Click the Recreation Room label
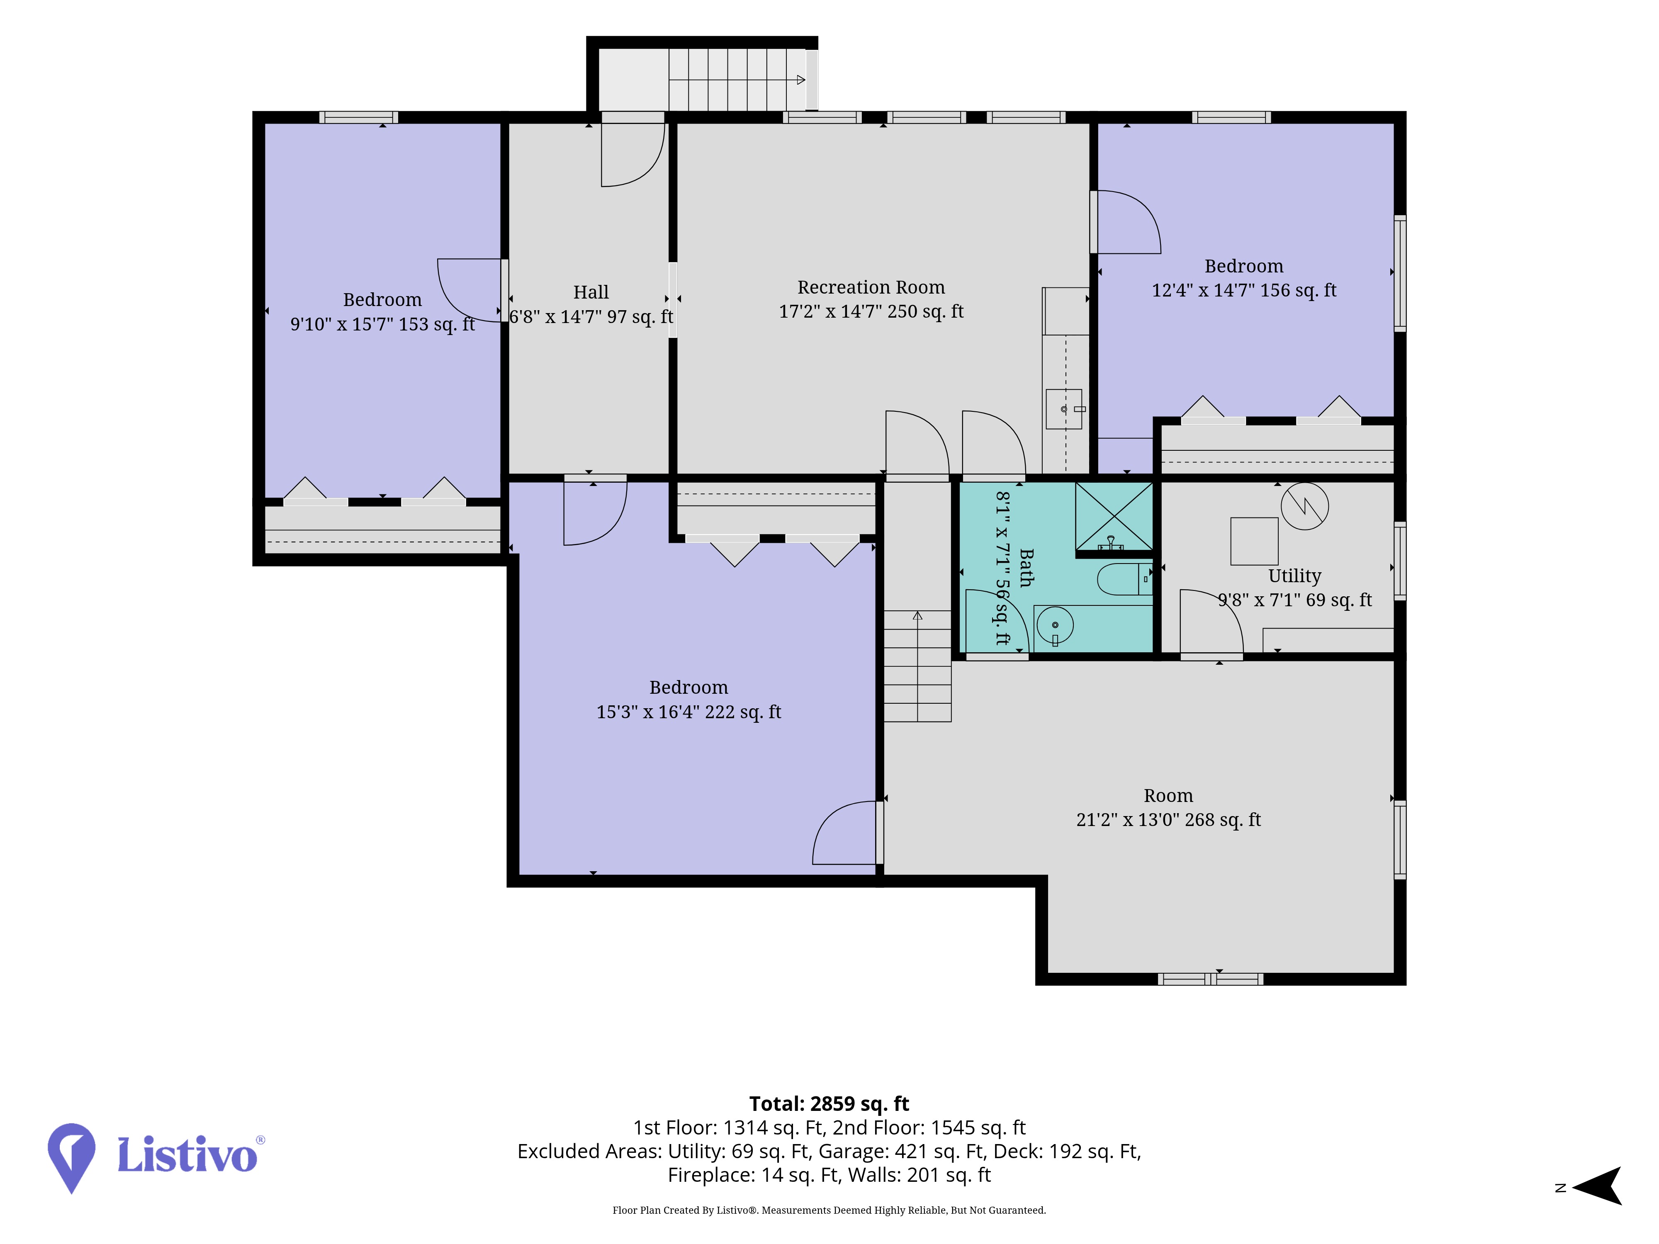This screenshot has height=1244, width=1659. coord(871,287)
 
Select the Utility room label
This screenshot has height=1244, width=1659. coord(1294,576)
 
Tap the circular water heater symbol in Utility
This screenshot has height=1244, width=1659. coord(1304,506)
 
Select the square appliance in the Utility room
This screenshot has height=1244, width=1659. coord(1254,541)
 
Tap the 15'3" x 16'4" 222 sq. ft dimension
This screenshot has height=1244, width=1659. coord(688,712)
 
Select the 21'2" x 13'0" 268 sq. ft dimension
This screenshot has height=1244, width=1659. coord(1168,819)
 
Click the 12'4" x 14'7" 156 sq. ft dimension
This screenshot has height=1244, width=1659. coord(1244,290)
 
